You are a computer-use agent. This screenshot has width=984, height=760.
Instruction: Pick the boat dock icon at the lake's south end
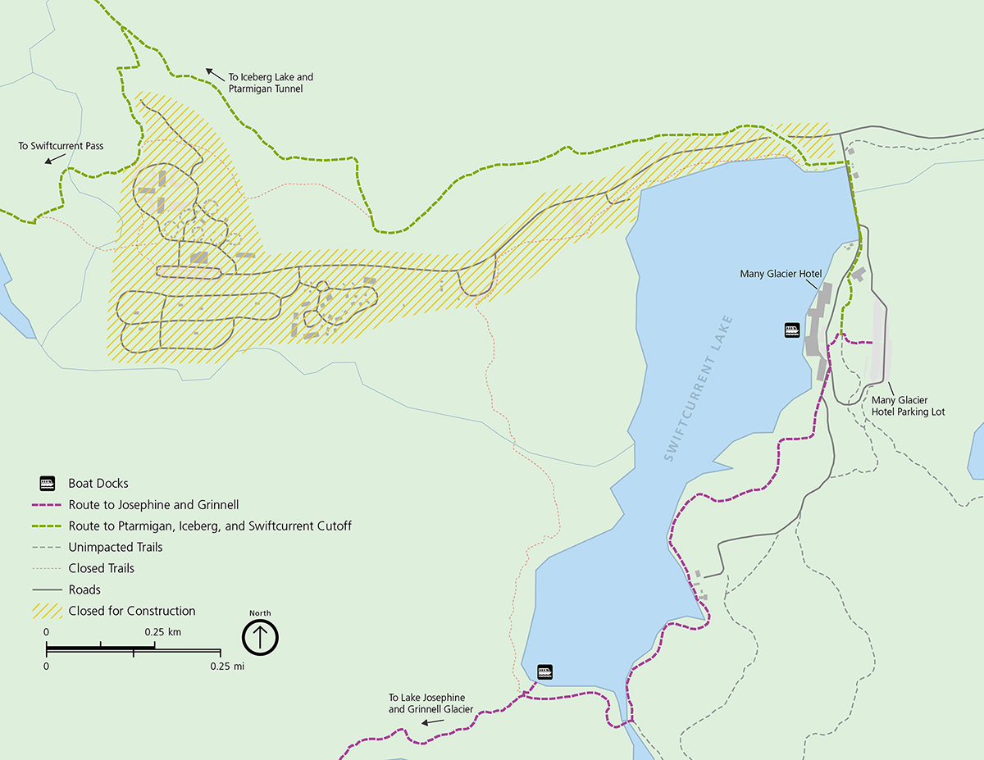[545, 671]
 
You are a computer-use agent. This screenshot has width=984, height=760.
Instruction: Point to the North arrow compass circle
[261, 636]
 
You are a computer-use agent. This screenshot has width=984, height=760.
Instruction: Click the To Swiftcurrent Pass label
[61, 146]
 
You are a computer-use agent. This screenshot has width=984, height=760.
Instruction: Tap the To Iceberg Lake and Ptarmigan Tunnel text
[271, 83]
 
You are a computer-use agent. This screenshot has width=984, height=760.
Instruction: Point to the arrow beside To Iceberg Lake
[213, 74]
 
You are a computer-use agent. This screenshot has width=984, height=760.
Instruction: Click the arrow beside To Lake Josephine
[433, 722]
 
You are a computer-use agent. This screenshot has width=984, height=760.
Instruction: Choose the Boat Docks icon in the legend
[48, 483]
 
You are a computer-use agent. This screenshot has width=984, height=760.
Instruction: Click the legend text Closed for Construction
[132, 611]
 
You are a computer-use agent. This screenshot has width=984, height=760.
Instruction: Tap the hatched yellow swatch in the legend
[48, 611]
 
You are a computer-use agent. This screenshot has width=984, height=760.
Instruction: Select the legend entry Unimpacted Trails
[116, 547]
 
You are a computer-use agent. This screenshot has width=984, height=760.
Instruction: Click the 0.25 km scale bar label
[162, 632]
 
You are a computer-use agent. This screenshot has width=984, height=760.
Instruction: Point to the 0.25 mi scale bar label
[227, 666]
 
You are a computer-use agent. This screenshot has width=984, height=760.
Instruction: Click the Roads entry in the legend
[84, 589]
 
